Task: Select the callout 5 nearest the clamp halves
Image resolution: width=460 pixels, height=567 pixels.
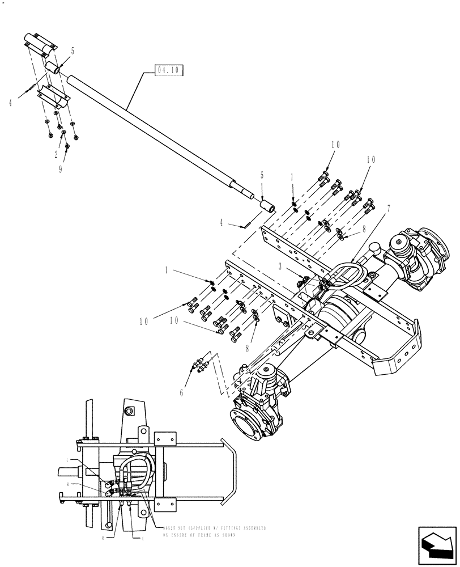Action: click(x=71, y=50)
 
